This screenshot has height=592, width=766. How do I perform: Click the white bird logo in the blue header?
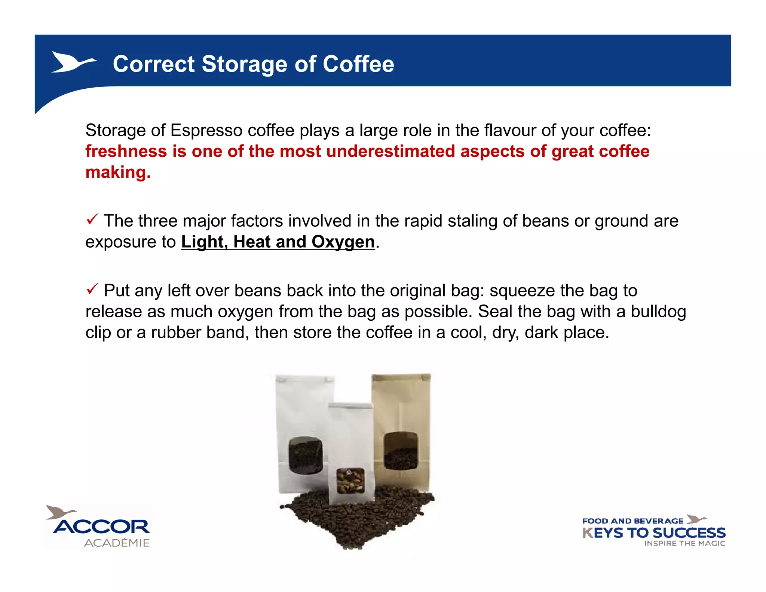click(x=73, y=62)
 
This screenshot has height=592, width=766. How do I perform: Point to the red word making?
click(x=118, y=173)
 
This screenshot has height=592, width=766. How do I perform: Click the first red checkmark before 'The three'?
click(x=92, y=219)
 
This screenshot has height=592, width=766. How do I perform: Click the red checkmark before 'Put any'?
click(x=92, y=289)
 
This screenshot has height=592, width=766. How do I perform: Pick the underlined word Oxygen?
click(x=343, y=242)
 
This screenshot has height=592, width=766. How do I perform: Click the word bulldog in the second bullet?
click(x=658, y=312)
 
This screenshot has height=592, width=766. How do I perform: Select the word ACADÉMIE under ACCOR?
click(x=117, y=543)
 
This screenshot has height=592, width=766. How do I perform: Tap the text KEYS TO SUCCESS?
click(x=654, y=533)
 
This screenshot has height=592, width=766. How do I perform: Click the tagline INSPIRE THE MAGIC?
click(x=684, y=543)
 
